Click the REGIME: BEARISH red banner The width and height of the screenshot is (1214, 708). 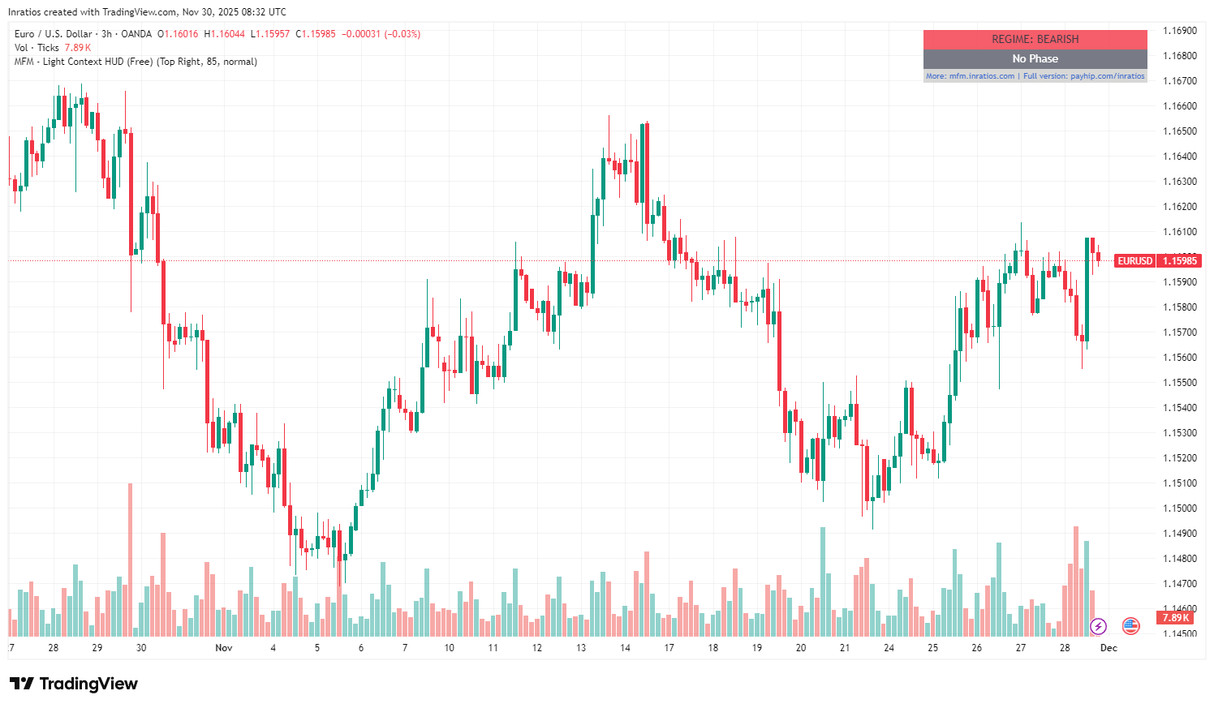1035,39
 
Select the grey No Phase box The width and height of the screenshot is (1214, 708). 1035,58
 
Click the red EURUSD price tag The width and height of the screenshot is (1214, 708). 1134,260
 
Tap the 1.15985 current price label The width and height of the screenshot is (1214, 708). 1179,260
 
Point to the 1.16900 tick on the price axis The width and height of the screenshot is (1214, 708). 1180,31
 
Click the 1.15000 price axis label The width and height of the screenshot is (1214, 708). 1180,508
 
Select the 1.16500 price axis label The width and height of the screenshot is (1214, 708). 1180,131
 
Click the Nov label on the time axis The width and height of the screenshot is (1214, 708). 224,648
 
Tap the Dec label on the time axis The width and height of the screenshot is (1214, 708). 1109,648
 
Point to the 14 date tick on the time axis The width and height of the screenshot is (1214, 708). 625,648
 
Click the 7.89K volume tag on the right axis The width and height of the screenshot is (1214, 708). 1175,618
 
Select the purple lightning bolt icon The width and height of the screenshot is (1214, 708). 1098,626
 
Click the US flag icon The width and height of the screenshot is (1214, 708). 1130,625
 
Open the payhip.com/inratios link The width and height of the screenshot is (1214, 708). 1107,76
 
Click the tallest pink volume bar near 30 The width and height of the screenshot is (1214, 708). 130,560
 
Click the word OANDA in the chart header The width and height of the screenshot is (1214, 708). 136,34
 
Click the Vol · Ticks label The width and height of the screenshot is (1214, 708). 37,48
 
